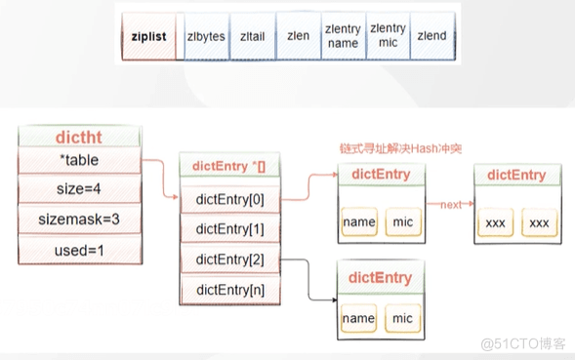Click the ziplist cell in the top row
pos(149,36)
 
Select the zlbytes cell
pos(205,36)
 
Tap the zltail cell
pos(250,36)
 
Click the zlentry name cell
pos(342,36)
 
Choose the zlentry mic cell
pos(388,36)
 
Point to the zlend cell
pos(431,36)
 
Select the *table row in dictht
pos(79,160)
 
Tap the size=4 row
pos(79,187)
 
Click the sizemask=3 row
pos(79,220)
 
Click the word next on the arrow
pos(449,205)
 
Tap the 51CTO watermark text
pos(528,342)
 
